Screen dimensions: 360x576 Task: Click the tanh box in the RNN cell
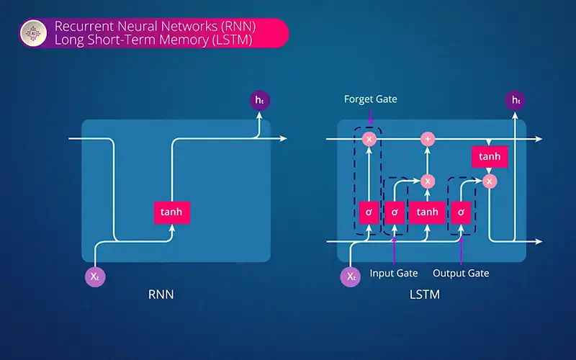pos(172,212)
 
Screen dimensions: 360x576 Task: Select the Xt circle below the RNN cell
pos(96,276)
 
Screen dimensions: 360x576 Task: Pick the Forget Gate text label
pos(370,99)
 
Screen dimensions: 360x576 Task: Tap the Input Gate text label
pos(394,273)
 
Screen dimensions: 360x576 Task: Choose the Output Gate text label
pos(461,273)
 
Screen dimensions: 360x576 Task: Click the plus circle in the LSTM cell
pos(428,138)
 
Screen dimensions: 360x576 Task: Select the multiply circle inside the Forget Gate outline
pos(369,138)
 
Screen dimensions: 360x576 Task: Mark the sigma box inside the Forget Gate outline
pos(369,212)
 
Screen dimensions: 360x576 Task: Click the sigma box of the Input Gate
pos(395,212)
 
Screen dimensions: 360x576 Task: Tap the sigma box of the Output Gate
pos(461,212)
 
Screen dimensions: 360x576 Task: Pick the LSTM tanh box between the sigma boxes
pos(427,212)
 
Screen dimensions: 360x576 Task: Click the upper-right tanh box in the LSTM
pos(490,156)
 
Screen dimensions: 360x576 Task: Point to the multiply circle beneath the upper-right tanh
pos(490,181)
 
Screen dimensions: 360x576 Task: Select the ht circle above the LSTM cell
pos(515,100)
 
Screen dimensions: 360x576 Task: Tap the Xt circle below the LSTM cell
pos(351,276)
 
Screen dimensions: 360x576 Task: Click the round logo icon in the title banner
pos(33,33)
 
